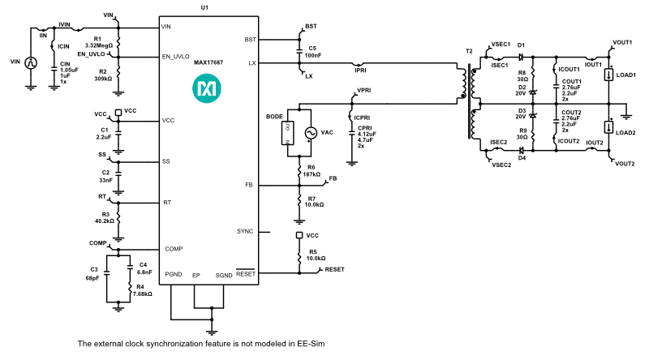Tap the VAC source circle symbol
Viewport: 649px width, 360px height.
click(x=309, y=133)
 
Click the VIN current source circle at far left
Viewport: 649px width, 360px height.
click(x=31, y=62)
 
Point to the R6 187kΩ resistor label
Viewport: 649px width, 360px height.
click(x=312, y=171)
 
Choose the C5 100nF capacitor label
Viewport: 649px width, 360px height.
click(x=312, y=52)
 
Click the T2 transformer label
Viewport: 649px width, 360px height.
click(x=469, y=51)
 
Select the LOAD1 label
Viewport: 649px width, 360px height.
click(x=625, y=75)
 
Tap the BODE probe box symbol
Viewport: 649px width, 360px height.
click(x=286, y=133)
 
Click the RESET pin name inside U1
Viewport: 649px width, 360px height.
click(x=246, y=274)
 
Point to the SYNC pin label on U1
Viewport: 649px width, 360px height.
click(x=245, y=232)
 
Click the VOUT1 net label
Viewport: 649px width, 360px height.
click(x=622, y=42)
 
